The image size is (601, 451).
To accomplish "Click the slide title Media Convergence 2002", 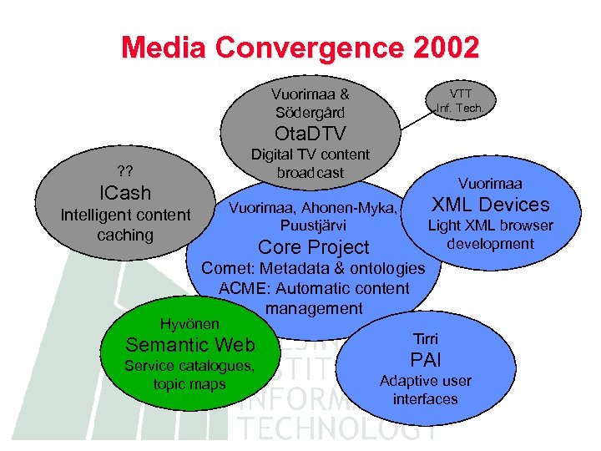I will point(300,47).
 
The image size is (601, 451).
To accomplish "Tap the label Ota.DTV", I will point(311,134).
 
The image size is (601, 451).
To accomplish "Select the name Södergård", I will point(311,112).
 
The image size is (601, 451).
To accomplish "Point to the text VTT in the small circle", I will point(460,94).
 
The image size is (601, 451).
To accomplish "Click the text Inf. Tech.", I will point(460,108).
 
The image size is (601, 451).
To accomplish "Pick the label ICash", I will point(125,193).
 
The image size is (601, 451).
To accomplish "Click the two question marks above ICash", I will point(125,171).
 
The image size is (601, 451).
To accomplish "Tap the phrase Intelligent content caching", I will point(125,225).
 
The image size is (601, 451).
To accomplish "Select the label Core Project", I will point(313,247).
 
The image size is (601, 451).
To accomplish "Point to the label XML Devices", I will point(490,205).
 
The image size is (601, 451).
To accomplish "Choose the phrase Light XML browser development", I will point(490,235).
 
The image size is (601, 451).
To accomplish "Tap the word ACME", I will point(240,289).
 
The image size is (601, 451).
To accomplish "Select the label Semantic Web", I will point(189,344).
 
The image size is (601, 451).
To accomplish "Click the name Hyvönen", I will point(190,323).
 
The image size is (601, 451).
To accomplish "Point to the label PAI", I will point(425,360).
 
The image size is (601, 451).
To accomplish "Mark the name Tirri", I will point(425,338).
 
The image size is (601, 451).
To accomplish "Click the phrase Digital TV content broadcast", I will point(311,163).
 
